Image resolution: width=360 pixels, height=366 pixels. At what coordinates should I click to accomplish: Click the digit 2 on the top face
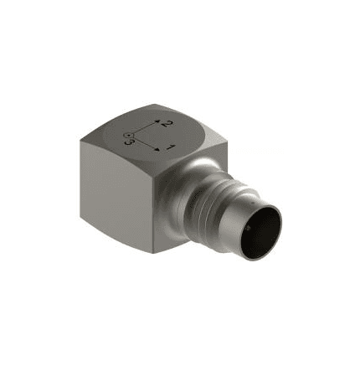coord(167,124)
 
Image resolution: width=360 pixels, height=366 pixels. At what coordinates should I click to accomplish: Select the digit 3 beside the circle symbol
coord(129,142)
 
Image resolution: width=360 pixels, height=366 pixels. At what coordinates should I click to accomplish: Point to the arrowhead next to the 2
coord(158,121)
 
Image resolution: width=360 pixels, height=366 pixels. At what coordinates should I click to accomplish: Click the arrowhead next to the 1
coord(158,150)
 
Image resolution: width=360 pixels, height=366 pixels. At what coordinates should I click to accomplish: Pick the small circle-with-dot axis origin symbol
coord(128,135)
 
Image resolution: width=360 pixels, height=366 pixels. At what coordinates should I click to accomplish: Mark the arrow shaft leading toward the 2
coord(144,128)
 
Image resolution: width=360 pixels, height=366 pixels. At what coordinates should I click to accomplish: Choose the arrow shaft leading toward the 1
coord(144,143)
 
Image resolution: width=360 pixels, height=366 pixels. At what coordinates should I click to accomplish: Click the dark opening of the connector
coord(260,233)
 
